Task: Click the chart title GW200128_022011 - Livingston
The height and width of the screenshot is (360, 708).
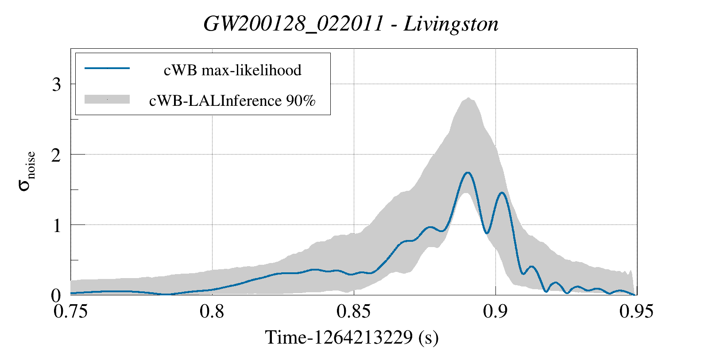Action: [x=351, y=24]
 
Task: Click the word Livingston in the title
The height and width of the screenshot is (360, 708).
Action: [x=451, y=24]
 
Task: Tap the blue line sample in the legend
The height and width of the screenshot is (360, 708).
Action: [x=107, y=68]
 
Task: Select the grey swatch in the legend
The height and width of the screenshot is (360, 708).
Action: [x=107, y=99]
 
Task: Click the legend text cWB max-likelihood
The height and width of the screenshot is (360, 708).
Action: [x=232, y=70]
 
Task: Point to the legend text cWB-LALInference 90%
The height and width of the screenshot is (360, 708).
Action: [x=232, y=101]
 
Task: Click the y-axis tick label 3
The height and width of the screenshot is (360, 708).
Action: [x=56, y=85]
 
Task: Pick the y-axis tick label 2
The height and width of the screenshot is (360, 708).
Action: [x=56, y=155]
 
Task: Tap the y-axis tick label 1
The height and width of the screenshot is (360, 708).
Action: [x=56, y=225]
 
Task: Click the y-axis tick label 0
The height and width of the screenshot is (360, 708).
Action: [x=56, y=295]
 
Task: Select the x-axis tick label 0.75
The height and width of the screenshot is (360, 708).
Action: [x=70, y=311]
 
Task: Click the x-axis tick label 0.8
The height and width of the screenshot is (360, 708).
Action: [x=212, y=311]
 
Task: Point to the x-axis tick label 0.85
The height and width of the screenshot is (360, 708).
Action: [x=353, y=311]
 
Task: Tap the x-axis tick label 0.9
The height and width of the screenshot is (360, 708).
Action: [x=495, y=311]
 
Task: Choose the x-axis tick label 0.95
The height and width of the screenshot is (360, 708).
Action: [x=636, y=311]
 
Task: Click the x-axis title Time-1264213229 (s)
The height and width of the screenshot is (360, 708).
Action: [x=352, y=337]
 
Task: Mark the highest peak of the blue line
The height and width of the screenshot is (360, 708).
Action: [x=468, y=173]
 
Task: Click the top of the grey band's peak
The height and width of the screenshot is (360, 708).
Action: [x=468, y=98]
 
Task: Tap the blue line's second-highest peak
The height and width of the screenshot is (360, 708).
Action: [x=502, y=193]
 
